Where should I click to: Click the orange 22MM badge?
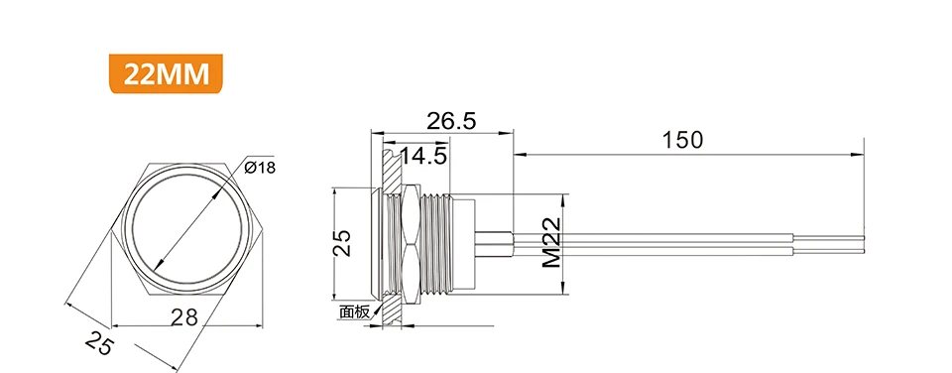(x=166, y=73)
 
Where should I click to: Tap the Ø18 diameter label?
(x=259, y=167)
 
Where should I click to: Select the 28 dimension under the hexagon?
(x=184, y=316)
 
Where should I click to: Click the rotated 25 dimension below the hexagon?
(x=99, y=343)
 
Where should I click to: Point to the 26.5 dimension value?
(x=450, y=121)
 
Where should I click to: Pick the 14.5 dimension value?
(x=423, y=156)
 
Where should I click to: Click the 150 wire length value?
(x=682, y=140)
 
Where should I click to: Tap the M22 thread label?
(x=552, y=244)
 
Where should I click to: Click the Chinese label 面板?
(x=354, y=312)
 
